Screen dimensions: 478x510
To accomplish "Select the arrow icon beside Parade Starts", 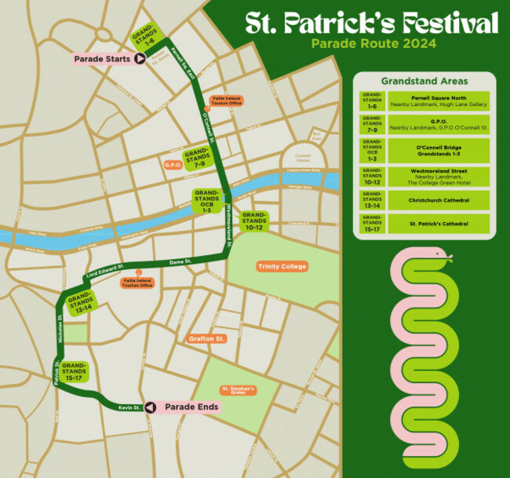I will (x=139, y=58).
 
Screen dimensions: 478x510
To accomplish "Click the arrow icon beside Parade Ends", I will (x=150, y=407).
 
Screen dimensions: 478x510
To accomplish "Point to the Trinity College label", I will (x=282, y=267).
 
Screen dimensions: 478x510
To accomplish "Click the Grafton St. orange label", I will (x=207, y=339).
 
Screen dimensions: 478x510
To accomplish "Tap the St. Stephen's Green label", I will (x=239, y=389).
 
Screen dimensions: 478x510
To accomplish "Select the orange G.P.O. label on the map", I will (x=173, y=166).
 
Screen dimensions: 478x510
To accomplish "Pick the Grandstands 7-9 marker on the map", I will (x=196, y=158).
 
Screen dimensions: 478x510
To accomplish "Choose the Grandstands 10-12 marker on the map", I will (x=254, y=221).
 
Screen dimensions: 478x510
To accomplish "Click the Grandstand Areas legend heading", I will (x=424, y=81).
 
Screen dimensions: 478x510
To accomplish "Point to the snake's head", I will (x=441, y=255).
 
